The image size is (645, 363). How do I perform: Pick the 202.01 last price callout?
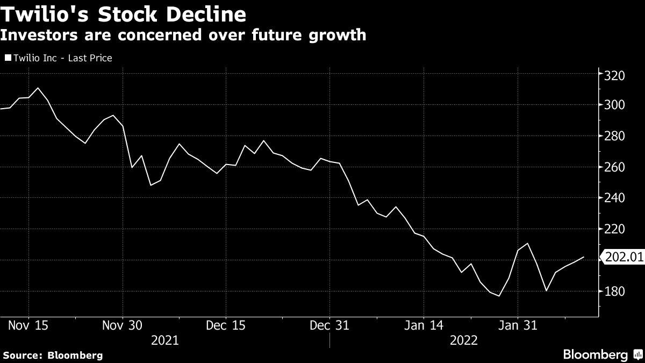point(623,258)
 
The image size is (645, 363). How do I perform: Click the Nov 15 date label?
point(28,325)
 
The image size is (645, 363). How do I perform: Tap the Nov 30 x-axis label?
point(123,325)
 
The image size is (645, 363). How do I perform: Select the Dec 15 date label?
point(226,325)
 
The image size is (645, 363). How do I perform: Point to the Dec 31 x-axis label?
point(329,325)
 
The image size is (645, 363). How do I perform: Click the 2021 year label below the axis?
point(166,340)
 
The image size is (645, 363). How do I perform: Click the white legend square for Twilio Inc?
point(8,58)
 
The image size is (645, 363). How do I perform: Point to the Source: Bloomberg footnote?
point(53,355)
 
